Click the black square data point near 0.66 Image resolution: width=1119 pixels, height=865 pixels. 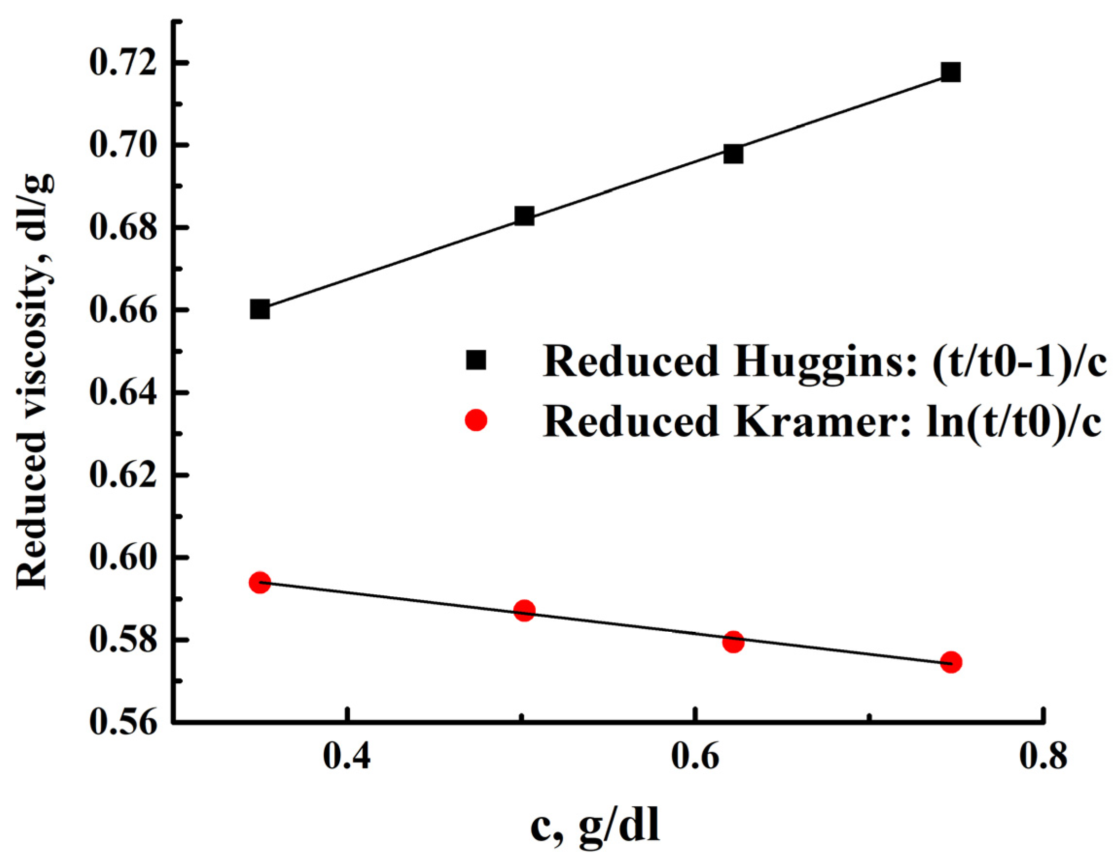click(260, 310)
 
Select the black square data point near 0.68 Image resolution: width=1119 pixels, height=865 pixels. click(524, 216)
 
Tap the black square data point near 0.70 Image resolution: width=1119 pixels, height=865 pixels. click(733, 154)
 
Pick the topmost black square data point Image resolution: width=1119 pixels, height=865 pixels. click(950, 73)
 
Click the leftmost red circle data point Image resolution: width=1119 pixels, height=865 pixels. click(260, 582)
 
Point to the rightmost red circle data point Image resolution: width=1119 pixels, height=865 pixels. click(951, 662)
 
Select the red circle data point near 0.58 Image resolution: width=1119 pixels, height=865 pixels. click(733, 641)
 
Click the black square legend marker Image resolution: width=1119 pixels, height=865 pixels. click(475, 360)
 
